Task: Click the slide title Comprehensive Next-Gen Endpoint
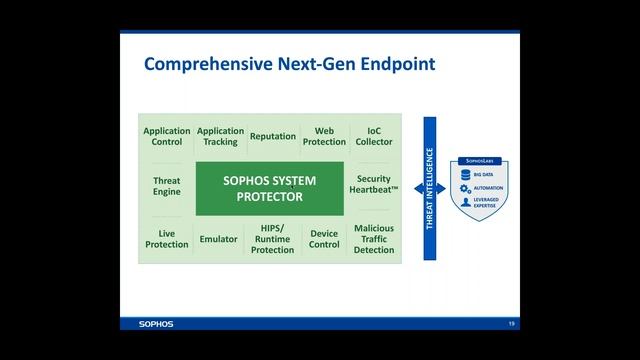[290, 65]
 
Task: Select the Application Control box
[167, 136]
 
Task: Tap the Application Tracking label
[220, 136]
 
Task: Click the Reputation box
[273, 136]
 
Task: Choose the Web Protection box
[324, 136]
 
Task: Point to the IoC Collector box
[374, 136]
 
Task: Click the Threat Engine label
[167, 186]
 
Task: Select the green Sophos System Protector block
[269, 187]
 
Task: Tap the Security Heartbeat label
[374, 185]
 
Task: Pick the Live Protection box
[167, 238]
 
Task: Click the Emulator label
[219, 239]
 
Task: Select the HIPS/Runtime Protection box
[273, 238]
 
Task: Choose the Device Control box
[324, 238]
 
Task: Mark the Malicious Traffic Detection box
[374, 238]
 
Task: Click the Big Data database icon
[466, 174]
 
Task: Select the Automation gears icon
[466, 188]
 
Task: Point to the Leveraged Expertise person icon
[466, 202]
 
